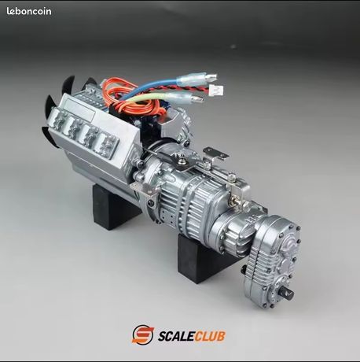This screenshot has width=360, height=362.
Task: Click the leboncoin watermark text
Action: (29, 11)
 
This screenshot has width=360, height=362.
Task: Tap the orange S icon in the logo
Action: (142, 334)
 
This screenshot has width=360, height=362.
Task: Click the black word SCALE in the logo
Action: (176, 336)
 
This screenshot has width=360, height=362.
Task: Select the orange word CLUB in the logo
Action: (210, 336)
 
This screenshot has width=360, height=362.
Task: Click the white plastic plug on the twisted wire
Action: (216, 91)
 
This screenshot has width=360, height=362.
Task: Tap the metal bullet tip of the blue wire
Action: (211, 77)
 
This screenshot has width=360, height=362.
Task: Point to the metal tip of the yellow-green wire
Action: (197, 99)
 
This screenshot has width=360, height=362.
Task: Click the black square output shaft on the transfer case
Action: (288, 292)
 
